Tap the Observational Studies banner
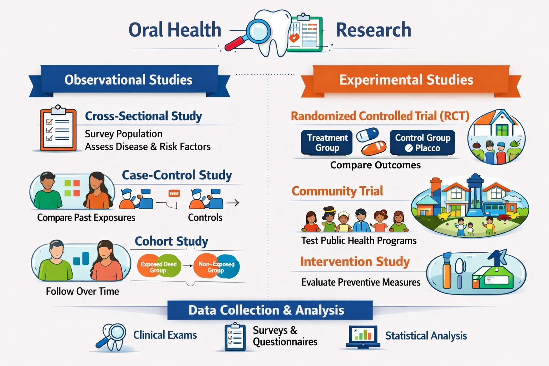coord(129,80)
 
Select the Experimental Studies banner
coord(406,80)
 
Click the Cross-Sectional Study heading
coord(143,116)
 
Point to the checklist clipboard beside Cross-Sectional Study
coord(58,129)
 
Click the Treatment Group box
coord(327,143)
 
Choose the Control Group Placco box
coord(422,143)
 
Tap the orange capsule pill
coord(374,147)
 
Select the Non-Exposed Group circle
coord(217,266)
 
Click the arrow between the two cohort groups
coord(187,266)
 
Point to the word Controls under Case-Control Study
coord(205,218)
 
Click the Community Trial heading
coord(337,191)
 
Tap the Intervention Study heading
coord(355,262)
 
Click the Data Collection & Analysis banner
coord(266,310)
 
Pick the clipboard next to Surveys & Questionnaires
coord(235,337)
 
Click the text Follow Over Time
coord(83,291)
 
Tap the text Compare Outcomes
coord(375,165)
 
